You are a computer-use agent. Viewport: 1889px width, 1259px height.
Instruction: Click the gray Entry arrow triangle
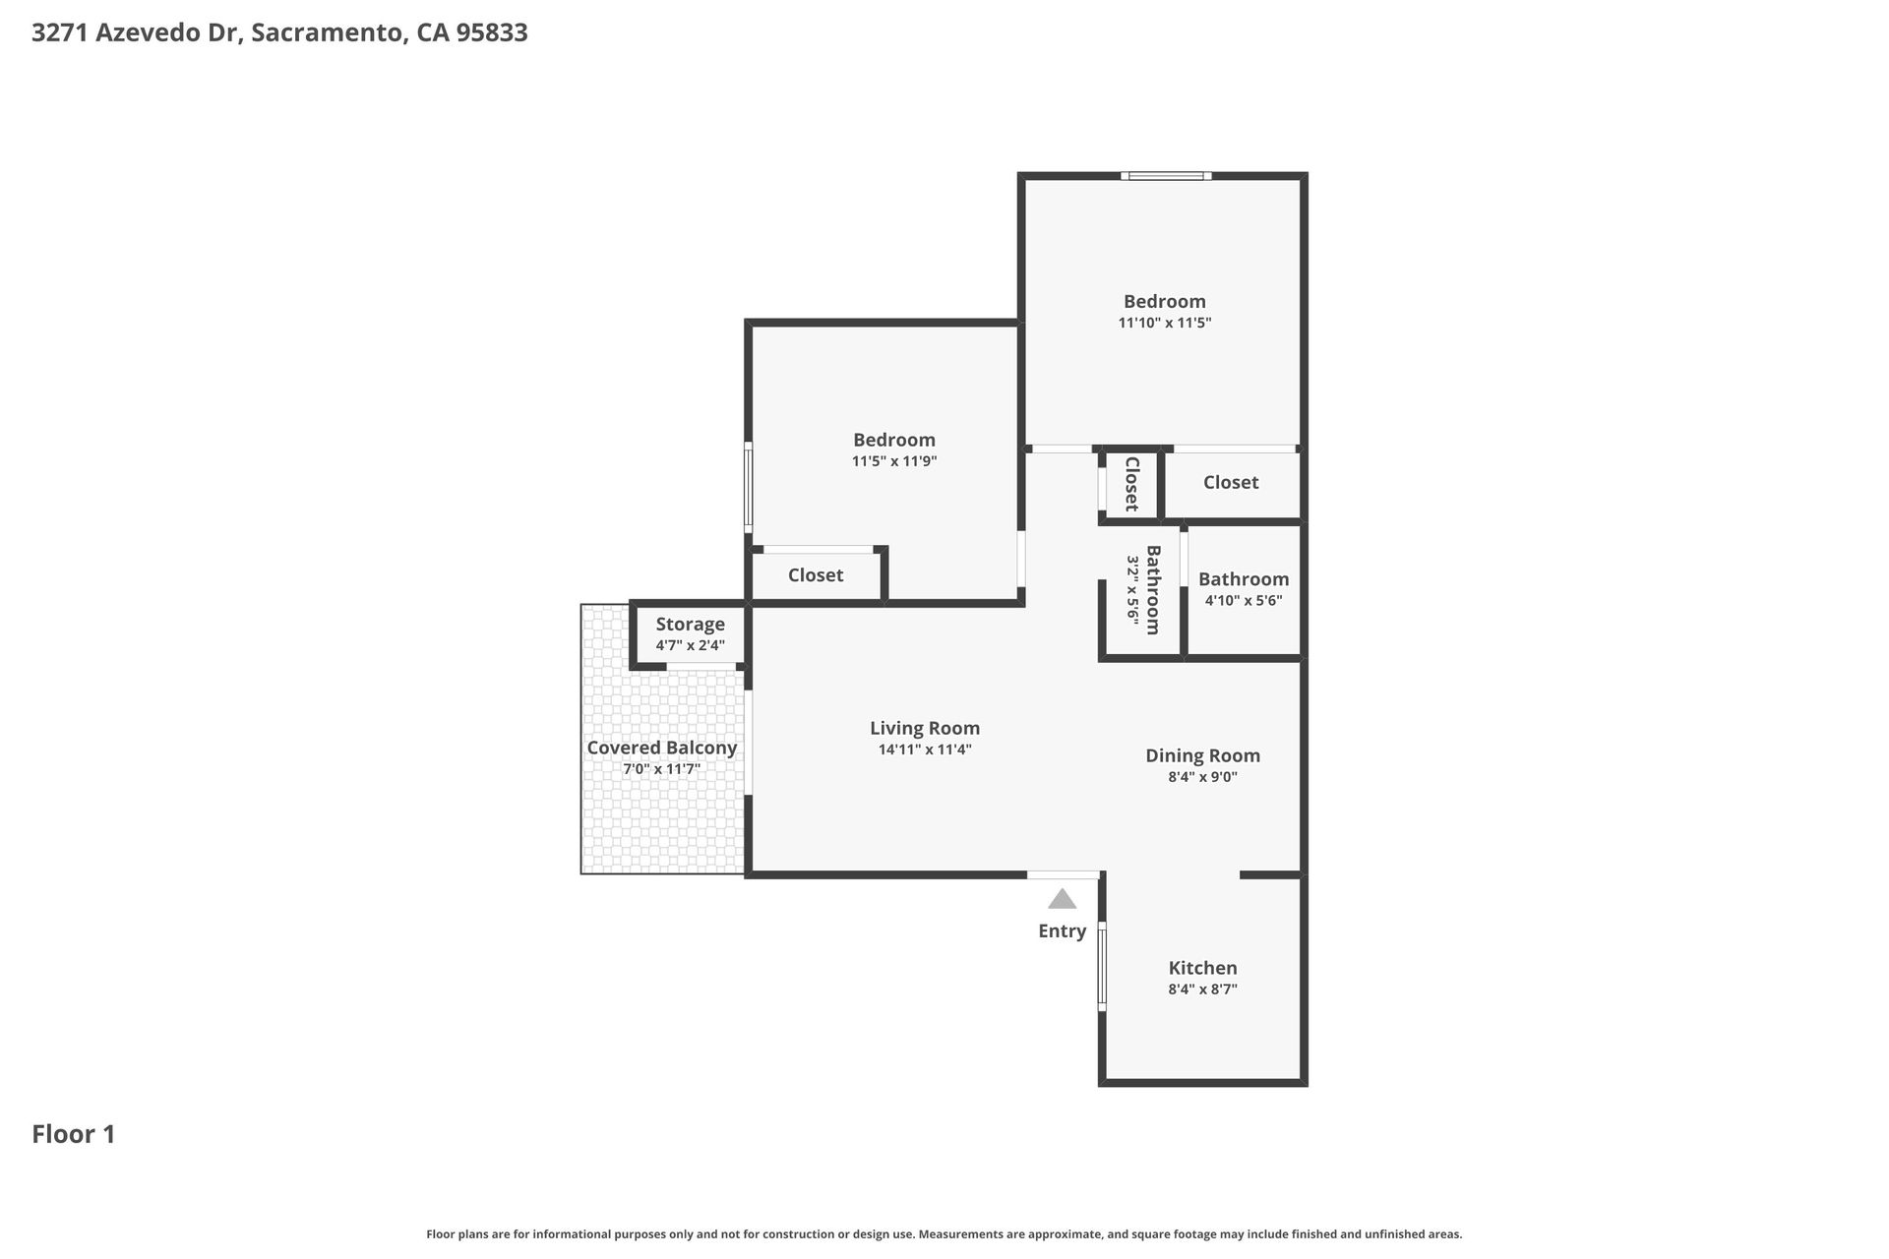point(1062,899)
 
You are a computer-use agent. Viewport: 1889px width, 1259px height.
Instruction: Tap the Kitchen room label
point(1202,968)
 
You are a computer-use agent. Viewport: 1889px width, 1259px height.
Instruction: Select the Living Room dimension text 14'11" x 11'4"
point(925,749)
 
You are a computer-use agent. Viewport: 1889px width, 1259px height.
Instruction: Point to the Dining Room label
point(1202,755)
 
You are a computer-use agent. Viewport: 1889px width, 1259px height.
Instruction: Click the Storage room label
point(691,625)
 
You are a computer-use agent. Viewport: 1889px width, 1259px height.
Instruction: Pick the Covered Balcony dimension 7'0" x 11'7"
point(662,769)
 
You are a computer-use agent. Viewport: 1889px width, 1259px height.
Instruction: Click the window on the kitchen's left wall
point(1102,967)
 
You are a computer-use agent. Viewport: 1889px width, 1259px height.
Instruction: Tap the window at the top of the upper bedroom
point(1166,176)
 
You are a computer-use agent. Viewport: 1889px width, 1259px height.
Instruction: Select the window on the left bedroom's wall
point(749,488)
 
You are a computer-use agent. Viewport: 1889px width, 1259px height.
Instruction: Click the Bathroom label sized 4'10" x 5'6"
point(1244,579)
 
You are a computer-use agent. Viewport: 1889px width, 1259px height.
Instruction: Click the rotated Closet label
point(1131,484)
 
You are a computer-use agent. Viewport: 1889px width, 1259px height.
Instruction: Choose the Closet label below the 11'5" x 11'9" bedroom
point(816,575)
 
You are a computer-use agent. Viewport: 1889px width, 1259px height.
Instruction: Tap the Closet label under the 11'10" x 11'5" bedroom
point(1231,482)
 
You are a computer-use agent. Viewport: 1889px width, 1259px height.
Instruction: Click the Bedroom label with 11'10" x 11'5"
point(1165,302)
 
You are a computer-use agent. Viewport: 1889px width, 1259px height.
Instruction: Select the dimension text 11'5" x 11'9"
point(894,461)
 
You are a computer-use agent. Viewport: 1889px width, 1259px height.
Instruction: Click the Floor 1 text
point(74,1134)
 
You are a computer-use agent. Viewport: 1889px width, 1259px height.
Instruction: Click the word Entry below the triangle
point(1063,931)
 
